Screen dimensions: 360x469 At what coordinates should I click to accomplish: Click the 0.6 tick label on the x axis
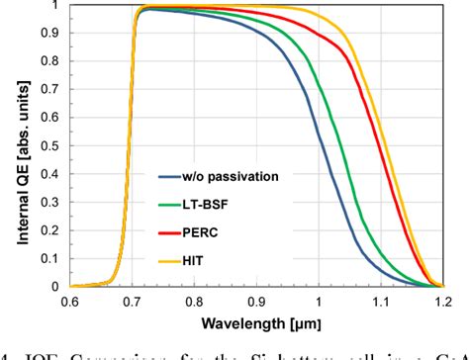pos(68,302)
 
